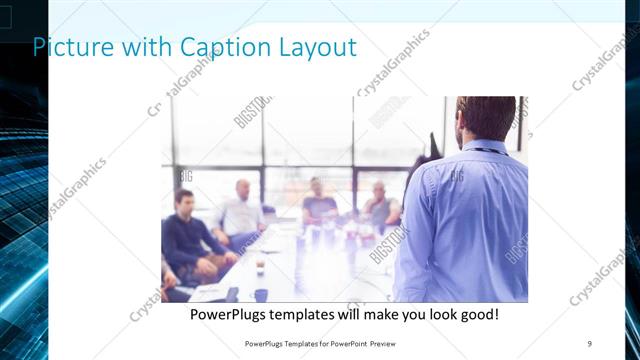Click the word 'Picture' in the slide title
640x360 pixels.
pyautogui.click(x=68, y=47)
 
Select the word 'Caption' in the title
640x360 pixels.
pyautogui.click(x=215, y=47)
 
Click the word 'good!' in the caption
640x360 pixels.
pyautogui.click(x=478, y=315)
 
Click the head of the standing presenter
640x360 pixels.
pyautogui.click(x=485, y=118)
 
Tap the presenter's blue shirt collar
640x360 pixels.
pyautogui.click(x=486, y=147)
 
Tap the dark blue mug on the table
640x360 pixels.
pyautogui.click(x=260, y=295)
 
